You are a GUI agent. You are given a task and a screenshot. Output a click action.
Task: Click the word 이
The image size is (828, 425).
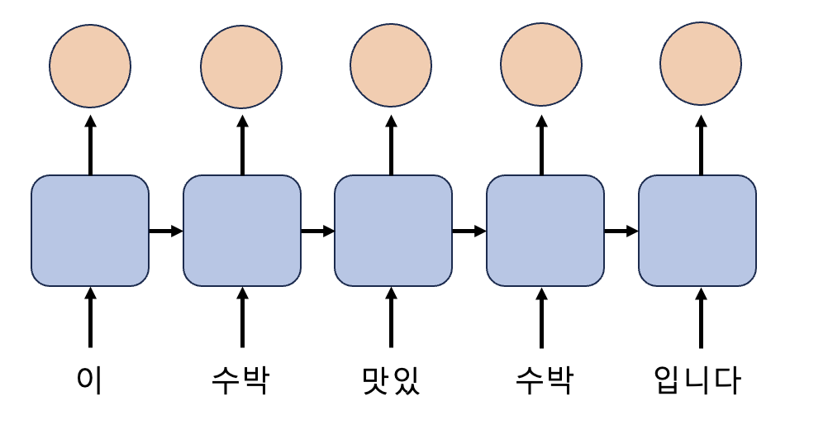pyautogui.click(x=90, y=380)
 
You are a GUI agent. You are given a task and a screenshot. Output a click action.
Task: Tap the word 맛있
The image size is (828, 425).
pyautogui.click(x=391, y=380)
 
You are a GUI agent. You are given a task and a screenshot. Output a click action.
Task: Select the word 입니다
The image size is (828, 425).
pyautogui.click(x=697, y=380)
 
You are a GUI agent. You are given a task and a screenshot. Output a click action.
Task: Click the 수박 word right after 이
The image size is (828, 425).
pyautogui.click(x=240, y=380)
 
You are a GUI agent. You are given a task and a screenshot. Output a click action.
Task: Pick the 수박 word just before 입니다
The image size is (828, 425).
pyautogui.click(x=542, y=380)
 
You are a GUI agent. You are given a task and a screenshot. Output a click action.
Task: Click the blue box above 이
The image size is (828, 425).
pyautogui.click(x=90, y=231)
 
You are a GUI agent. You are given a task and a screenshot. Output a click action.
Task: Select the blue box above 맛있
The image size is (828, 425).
pyautogui.click(x=393, y=231)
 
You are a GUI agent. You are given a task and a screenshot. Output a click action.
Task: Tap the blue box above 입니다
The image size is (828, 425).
pyautogui.click(x=697, y=231)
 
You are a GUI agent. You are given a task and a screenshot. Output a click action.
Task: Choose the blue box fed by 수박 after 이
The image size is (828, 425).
pyautogui.click(x=241, y=231)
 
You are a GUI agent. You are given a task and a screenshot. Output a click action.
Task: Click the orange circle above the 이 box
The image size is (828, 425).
pyautogui.click(x=90, y=66)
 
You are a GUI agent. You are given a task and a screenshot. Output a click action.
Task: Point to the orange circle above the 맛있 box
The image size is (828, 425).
pyautogui.click(x=391, y=66)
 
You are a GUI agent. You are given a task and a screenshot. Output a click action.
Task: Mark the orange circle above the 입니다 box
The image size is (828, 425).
pyautogui.click(x=700, y=66)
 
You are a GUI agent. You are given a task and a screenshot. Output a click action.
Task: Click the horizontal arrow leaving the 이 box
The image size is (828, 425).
pyautogui.click(x=165, y=231)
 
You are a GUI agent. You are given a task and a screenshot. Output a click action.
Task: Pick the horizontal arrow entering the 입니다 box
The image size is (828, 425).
pyautogui.click(x=621, y=231)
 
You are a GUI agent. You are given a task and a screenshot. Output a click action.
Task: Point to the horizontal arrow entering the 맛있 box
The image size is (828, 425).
pyautogui.click(x=317, y=231)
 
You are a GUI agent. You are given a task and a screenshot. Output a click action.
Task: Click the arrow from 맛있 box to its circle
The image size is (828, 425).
pyautogui.click(x=391, y=146)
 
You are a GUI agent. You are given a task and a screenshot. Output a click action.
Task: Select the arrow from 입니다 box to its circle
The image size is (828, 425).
pyautogui.click(x=701, y=146)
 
